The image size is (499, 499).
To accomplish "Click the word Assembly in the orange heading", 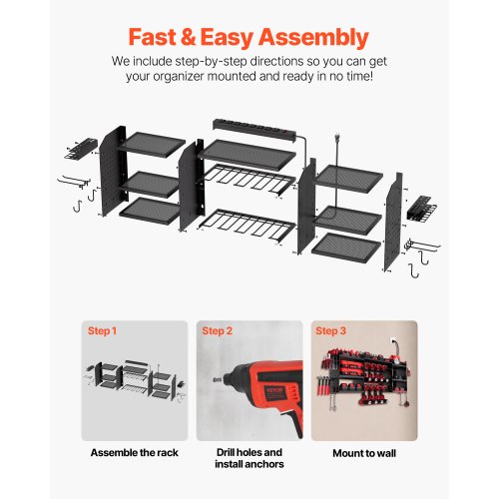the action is pos(313,38).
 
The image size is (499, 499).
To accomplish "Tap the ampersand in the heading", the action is pos(188,37).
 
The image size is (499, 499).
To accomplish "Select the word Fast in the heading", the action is pos(153,37).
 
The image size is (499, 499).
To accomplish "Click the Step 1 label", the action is pos(102,331).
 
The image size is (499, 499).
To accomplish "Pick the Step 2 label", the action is pos(217,331).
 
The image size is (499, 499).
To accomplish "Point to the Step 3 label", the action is pos(330,331).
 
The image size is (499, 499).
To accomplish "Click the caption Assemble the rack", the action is pos(135,453).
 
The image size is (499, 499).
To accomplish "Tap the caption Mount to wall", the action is pos(364,453).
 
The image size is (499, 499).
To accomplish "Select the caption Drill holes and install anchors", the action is pos(249,458).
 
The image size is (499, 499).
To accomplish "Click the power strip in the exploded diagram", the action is pos(254,130).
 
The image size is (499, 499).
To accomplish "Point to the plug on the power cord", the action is pos(337,138).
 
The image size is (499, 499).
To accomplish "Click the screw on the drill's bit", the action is pos(218,379).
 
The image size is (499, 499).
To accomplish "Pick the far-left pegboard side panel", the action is pos(113,172).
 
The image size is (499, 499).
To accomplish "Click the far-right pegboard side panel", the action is pos(393,223).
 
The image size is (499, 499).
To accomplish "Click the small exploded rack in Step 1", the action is pos(135,380).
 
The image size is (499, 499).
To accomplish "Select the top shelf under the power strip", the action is pos(248,155).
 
